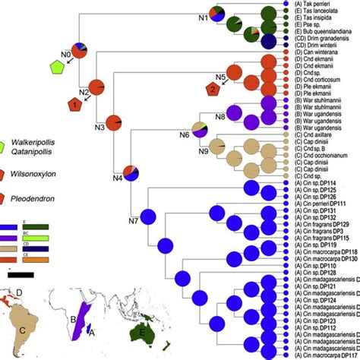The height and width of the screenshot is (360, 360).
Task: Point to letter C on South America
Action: click(25, 328)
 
